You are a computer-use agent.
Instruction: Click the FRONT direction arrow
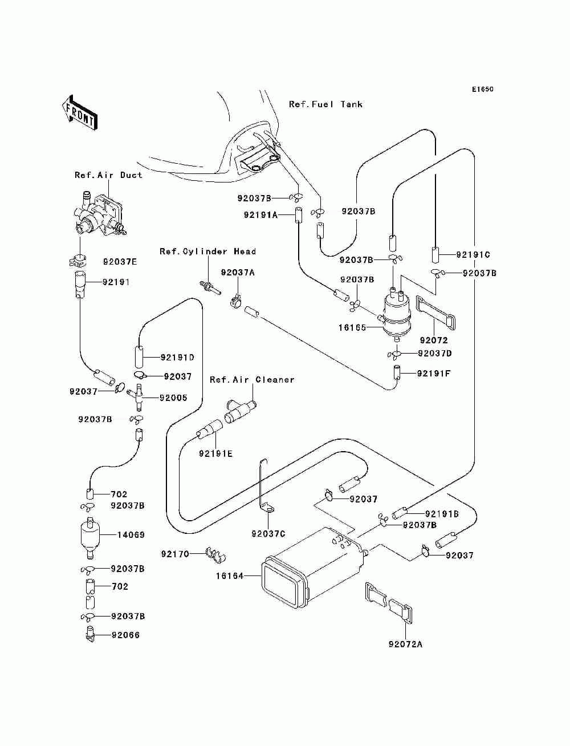point(79,112)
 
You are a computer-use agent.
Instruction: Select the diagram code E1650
point(482,90)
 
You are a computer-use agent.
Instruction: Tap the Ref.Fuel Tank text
point(325,104)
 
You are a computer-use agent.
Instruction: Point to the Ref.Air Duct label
point(108,175)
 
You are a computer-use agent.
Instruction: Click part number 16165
point(352,327)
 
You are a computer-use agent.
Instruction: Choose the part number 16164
point(230,575)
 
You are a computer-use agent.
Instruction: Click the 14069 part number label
point(131,534)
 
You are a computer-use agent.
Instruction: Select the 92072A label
point(406,644)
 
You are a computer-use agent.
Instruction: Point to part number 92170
point(175,554)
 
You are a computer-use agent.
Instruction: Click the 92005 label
point(173,398)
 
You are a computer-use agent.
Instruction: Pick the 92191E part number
point(215,454)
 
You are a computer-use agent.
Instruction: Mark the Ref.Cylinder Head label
point(207,252)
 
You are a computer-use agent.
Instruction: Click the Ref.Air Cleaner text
point(252,380)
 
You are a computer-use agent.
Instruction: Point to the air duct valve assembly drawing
point(99,213)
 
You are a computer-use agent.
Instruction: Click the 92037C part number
point(268,534)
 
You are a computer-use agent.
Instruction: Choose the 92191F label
point(434,374)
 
